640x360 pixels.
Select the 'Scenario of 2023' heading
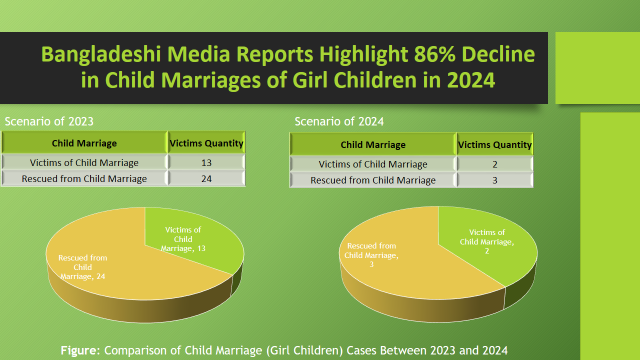coord(43,121)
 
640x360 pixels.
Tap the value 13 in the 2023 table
coord(205,161)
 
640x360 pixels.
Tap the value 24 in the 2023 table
coord(205,179)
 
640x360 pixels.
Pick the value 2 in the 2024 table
coord(495,163)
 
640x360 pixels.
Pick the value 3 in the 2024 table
coord(495,180)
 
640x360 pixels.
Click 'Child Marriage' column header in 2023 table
coord(84,142)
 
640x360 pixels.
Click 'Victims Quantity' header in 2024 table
coord(495,144)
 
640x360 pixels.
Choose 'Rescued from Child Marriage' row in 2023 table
coord(84,179)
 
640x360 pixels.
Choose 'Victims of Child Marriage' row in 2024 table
coord(372,163)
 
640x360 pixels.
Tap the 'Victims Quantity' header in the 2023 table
coord(205,142)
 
